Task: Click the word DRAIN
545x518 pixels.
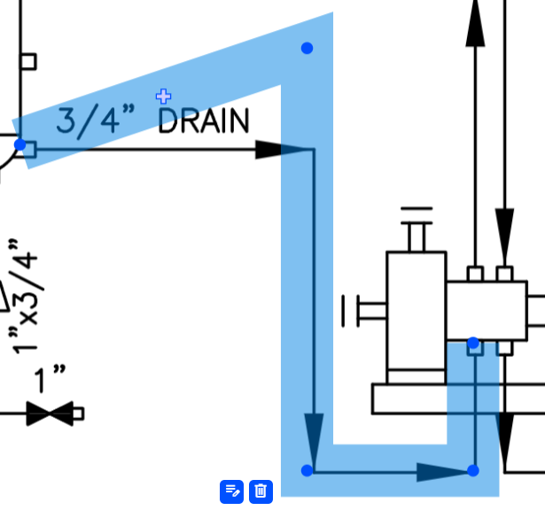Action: (x=203, y=120)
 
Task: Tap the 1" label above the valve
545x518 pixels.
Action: (x=51, y=380)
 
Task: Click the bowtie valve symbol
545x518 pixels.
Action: (x=50, y=414)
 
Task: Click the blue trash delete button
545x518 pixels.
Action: (x=260, y=490)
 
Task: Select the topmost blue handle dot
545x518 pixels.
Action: (x=307, y=48)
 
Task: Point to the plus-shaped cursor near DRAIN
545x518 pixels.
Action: (x=163, y=96)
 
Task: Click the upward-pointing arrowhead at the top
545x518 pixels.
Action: (x=476, y=27)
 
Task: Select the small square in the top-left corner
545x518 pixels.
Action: (x=28, y=61)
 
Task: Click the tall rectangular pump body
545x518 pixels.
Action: (x=416, y=310)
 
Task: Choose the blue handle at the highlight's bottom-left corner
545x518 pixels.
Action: (x=308, y=469)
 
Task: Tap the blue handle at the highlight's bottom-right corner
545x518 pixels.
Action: (x=472, y=470)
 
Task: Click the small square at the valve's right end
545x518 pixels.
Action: (x=78, y=414)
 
